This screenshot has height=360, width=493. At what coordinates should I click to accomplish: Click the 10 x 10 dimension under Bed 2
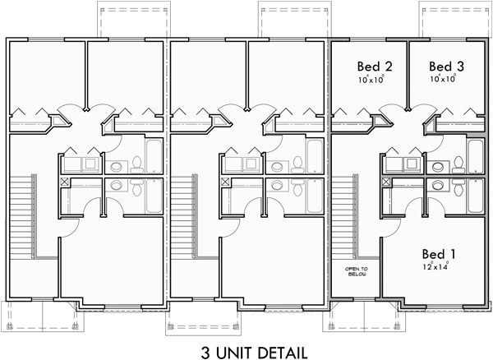371,80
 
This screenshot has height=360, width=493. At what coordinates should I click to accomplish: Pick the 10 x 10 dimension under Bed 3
444,80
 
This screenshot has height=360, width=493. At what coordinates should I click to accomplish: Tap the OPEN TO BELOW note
357,272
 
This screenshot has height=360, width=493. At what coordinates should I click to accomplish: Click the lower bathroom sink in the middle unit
278,186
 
